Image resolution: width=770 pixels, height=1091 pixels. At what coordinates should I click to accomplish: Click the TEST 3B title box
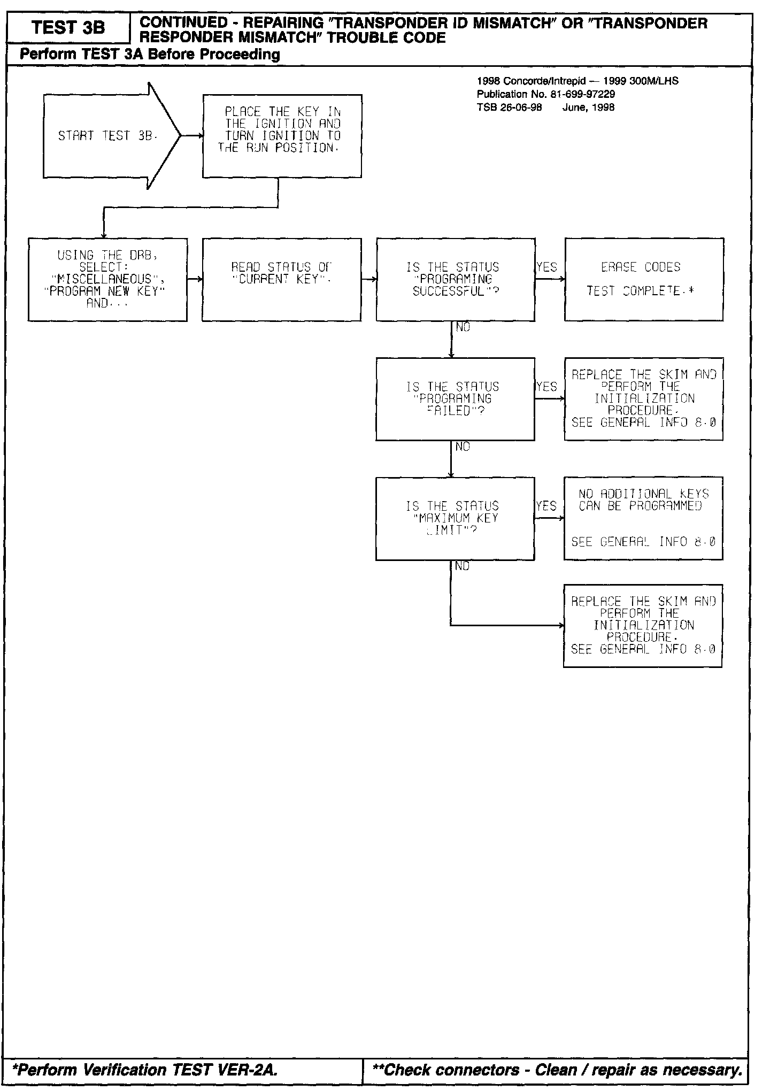pos(68,28)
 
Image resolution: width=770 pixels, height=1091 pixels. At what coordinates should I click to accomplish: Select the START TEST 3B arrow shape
pos(107,136)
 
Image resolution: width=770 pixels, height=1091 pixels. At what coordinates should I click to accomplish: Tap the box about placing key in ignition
pos(282,136)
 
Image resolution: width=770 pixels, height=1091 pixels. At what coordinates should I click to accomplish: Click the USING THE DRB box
pos(107,279)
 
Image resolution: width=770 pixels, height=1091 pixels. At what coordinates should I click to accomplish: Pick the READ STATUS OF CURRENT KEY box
pos(281,279)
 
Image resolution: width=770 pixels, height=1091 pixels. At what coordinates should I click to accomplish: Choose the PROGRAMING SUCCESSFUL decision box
pos(455,279)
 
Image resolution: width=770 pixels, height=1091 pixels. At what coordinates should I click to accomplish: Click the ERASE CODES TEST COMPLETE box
pos(644,279)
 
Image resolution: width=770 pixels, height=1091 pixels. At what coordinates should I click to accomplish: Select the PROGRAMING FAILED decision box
pos(455,399)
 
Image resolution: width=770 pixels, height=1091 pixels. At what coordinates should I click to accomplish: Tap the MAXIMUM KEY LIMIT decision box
pos(455,518)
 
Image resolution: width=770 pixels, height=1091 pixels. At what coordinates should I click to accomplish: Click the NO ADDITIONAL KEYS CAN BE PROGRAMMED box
pos(643,518)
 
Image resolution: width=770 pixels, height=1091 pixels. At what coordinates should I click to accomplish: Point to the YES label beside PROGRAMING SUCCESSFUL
pos(546,267)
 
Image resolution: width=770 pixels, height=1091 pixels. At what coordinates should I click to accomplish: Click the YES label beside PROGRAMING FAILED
pos(546,387)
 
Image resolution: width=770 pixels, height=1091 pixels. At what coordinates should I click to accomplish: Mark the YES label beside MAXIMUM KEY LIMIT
pos(546,506)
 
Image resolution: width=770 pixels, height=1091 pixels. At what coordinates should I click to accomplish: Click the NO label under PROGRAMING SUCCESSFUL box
pos(463,327)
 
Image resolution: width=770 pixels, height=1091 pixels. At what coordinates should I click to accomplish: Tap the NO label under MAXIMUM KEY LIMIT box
pos(463,566)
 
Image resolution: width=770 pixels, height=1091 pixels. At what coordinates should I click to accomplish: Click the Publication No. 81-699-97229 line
pos(545,94)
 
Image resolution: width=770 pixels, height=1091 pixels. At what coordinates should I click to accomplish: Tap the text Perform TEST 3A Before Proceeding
pos(150,55)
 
